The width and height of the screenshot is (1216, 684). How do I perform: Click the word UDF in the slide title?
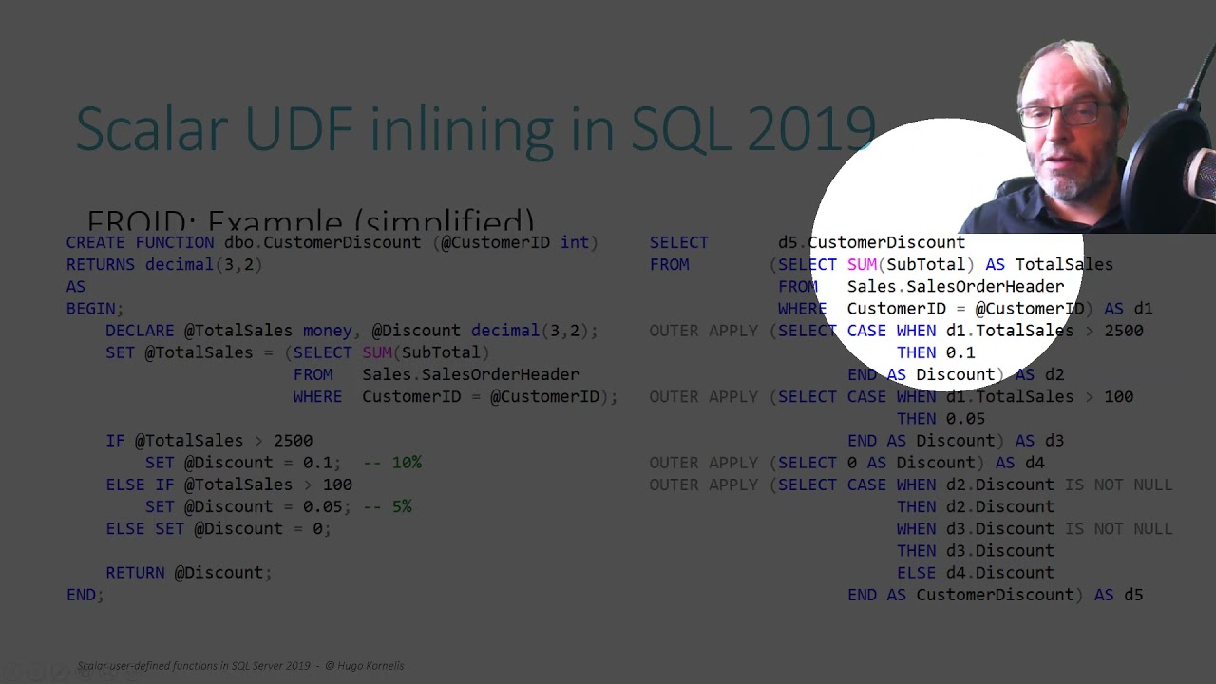(x=294, y=128)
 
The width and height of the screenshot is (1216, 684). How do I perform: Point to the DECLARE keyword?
(x=140, y=331)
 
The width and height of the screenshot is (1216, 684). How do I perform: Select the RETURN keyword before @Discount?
(x=135, y=573)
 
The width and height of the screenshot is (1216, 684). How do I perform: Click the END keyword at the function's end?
(x=81, y=595)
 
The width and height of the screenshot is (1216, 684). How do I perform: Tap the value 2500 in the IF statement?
(x=293, y=441)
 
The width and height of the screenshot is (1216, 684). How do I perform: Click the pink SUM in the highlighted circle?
(x=862, y=265)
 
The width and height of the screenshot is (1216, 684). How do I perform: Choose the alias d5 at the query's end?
(x=1132, y=595)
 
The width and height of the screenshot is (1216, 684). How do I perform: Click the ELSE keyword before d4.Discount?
(x=916, y=573)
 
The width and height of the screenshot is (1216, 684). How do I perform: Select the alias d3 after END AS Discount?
(x=1054, y=441)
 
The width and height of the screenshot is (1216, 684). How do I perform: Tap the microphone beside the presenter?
(x=1199, y=176)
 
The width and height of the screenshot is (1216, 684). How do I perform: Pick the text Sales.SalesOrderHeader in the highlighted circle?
(x=955, y=287)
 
